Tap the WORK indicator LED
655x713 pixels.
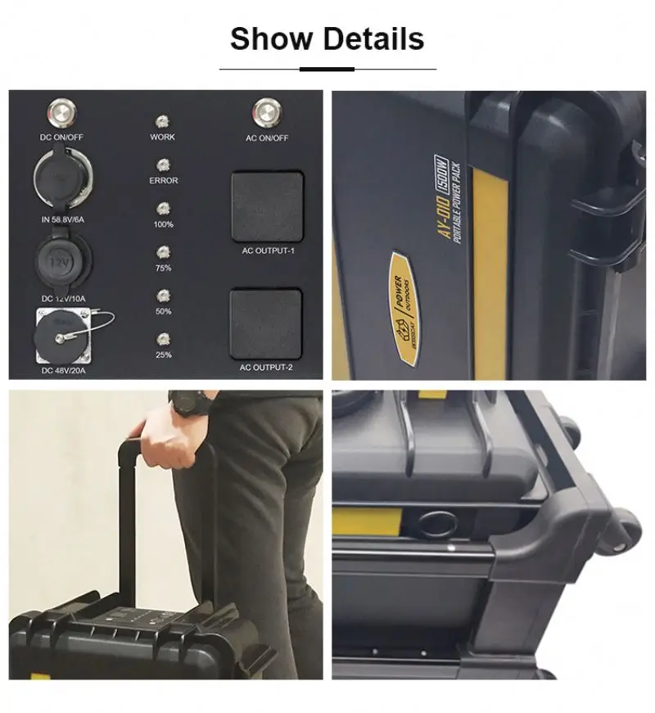point(163,120)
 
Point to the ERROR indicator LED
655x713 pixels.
point(163,164)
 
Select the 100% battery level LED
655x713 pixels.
point(163,208)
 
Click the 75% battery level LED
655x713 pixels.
point(163,252)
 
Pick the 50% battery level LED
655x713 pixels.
point(163,296)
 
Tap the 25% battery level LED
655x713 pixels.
point(163,338)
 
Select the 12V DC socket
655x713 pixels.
point(61,262)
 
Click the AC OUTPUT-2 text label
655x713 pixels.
point(267,368)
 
